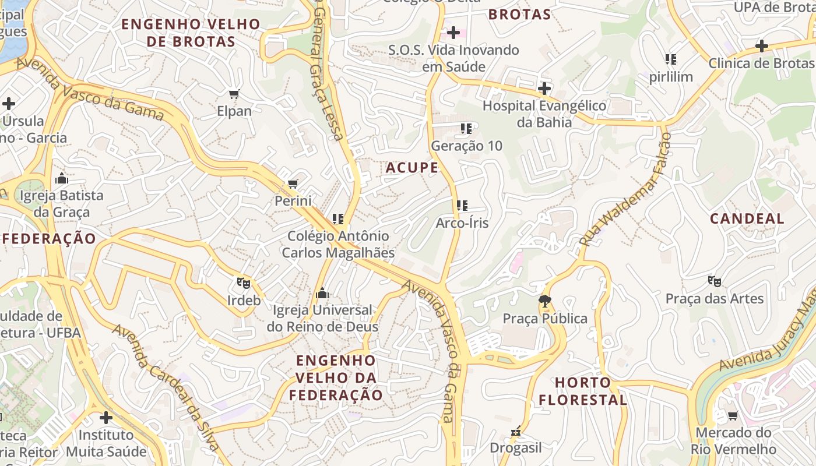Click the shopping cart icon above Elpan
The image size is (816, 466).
(234, 94)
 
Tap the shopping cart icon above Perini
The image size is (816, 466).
(293, 184)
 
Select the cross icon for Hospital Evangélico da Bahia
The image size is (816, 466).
(544, 89)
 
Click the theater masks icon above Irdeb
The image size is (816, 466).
(244, 284)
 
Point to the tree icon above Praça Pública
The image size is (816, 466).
(545, 301)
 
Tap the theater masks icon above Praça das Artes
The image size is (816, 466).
(715, 282)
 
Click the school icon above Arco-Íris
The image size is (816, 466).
(462, 206)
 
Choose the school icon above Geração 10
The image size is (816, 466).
(466, 128)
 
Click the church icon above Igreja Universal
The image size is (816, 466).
(322, 293)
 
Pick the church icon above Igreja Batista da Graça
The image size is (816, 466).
(61, 178)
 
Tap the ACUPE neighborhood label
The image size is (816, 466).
(411, 168)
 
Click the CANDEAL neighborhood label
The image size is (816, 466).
(747, 218)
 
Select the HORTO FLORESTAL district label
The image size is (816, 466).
(582, 391)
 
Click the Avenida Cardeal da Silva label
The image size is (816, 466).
(166, 387)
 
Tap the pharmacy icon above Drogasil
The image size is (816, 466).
(515, 431)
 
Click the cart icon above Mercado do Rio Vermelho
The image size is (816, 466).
(733, 415)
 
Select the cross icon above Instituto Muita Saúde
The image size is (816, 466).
(105, 418)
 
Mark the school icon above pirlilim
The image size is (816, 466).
(671, 59)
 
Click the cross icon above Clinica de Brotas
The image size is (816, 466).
(761, 46)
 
